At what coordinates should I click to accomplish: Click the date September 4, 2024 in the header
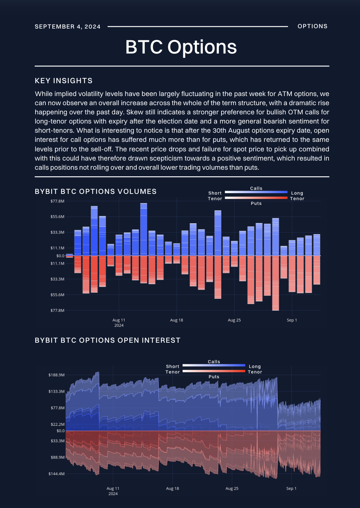click(67, 26)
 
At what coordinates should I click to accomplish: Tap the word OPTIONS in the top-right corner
click(312, 26)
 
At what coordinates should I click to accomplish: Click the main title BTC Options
click(181, 47)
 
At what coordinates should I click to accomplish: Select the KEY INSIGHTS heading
click(63, 81)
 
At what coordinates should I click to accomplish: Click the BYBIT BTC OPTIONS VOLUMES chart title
click(96, 191)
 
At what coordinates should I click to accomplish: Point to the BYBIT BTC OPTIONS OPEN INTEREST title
click(107, 340)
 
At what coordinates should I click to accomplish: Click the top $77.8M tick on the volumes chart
click(58, 201)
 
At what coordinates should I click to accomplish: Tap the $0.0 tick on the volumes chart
click(60, 256)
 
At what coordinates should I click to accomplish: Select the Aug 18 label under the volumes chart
click(176, 320)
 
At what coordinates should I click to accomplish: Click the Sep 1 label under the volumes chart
click(292, 320)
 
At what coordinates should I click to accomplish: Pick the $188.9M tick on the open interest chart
click(56, 375)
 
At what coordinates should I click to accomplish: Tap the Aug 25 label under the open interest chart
click(232, 488)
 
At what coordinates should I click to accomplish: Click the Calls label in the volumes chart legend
click(256, 188)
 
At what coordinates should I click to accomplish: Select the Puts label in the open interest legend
click(214, 377)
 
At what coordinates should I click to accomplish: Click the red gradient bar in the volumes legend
click(256, 198)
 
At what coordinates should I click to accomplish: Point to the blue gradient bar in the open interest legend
click(214, 365)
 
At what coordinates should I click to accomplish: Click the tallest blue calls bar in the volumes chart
click(144, 229)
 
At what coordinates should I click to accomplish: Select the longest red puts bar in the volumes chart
click(275, 283)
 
